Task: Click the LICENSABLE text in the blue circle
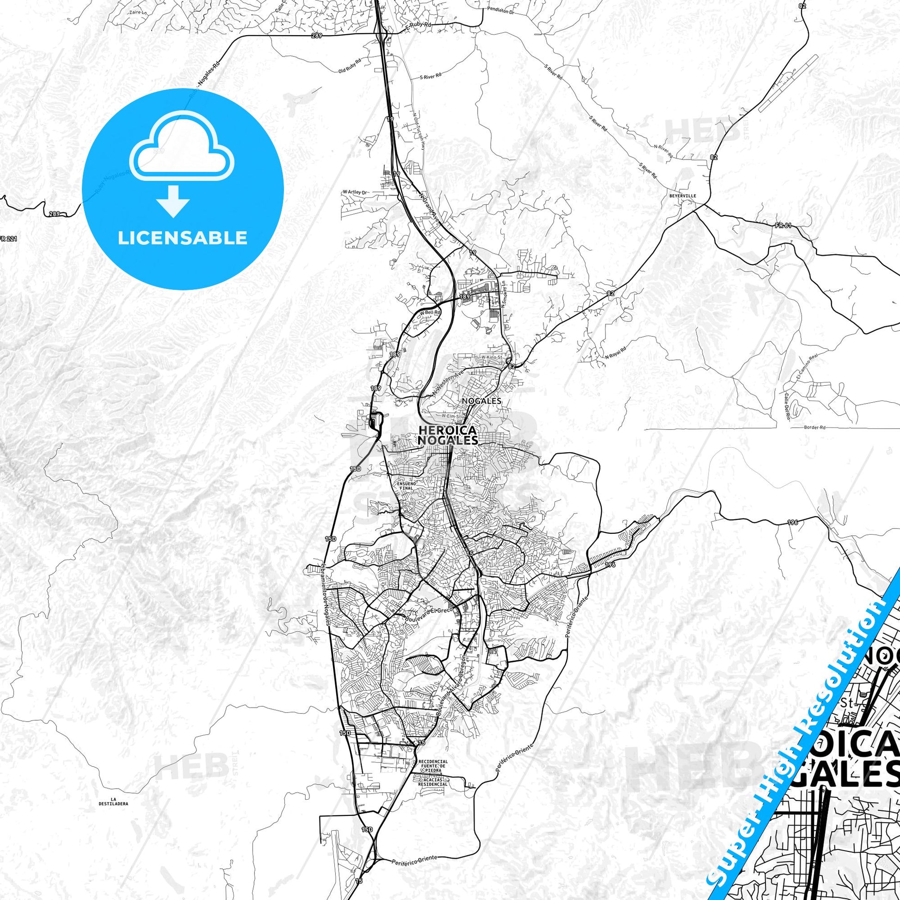click(x=183, y=238)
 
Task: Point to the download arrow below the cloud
click(x=173, y=200)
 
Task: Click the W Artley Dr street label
click(x=355, y=192)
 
